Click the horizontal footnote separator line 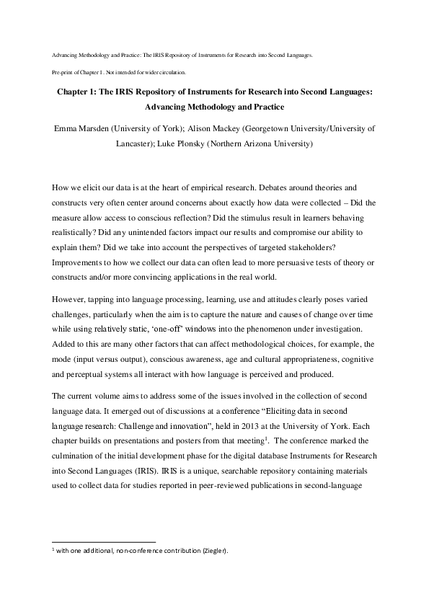105,541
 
